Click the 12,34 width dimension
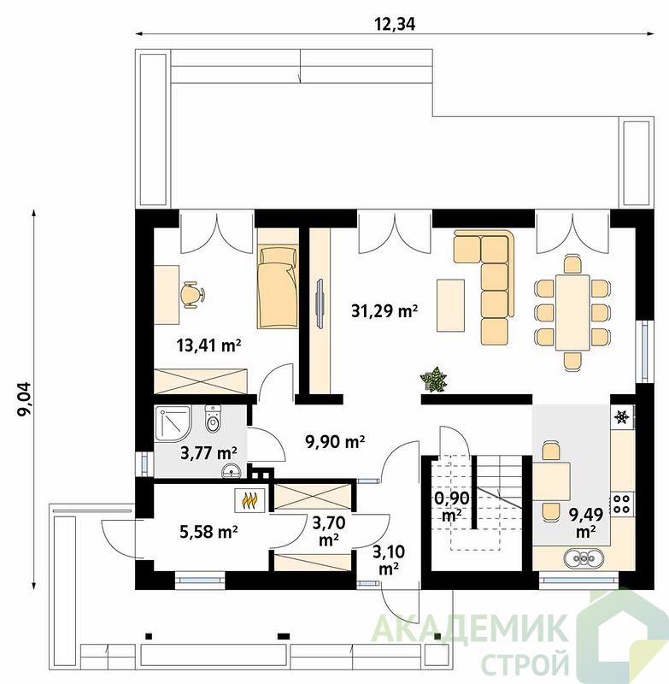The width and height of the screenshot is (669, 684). click(x=395, y=25)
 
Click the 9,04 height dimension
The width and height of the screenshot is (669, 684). click(x=24, y=398)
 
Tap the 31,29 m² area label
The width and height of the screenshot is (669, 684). click(x=384, y=310)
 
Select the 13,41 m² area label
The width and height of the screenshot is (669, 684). click(x=208, y=345)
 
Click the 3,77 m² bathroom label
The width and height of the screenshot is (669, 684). click(x=208, y=453)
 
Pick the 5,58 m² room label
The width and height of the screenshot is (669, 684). click(x=208, y=531)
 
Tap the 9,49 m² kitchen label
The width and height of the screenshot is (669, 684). click(x=586, y=522)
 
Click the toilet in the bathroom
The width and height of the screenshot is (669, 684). click(x=213, y=419)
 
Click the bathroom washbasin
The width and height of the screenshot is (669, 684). click(x=231, y=471)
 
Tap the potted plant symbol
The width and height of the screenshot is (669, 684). click(x=433, y=379)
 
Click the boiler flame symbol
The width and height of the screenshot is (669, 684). click(x=249, y=500)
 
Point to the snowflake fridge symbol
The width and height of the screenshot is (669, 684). click(x=622, y=417)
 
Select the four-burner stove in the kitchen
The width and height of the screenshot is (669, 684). click(x=621, y=504)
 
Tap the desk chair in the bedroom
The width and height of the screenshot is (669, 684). click(x=192, y=295)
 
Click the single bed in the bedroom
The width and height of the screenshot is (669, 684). click(x=278, y=287)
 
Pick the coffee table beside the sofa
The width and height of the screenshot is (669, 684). click(x=450, y=305)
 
